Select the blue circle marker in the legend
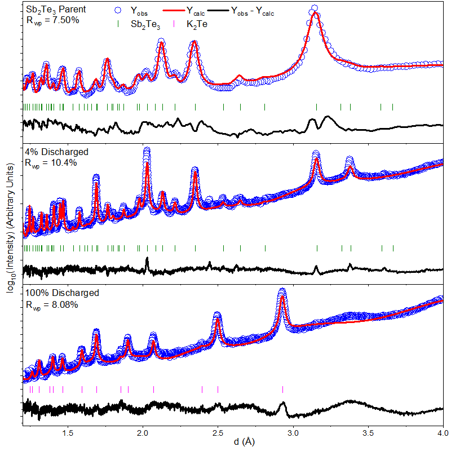pos(117,10)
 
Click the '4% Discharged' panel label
pos(56,152)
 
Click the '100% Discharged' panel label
pos(62,293)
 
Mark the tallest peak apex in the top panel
pos(314,8)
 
